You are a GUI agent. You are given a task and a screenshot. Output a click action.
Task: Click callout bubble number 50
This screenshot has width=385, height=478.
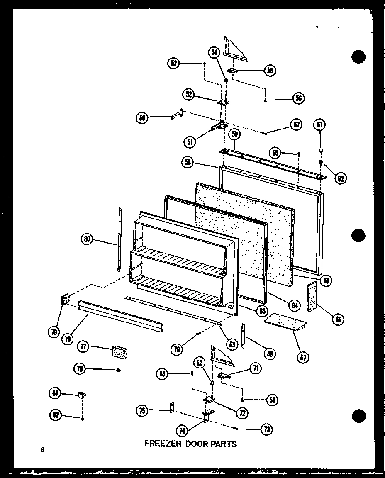coord(142,118)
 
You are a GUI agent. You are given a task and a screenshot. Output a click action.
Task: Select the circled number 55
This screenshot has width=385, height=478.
coord(270,70)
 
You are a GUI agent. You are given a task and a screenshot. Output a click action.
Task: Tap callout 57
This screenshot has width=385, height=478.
coord(296,124)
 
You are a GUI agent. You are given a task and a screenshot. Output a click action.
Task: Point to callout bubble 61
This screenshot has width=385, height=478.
coord(320,124)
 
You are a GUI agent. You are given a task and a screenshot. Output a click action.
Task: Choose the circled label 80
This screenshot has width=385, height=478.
coord(88,239)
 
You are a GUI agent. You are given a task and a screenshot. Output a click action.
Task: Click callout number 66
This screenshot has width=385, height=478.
coord(339,319)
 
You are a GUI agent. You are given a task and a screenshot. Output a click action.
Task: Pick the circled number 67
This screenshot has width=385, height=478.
coord(304,357)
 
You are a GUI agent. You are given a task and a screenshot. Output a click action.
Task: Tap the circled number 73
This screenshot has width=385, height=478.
coord(266,429)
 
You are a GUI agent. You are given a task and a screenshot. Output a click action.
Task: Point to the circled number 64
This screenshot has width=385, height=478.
coord(295,306)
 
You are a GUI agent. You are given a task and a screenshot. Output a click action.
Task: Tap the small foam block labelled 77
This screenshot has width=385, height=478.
coord(119,352)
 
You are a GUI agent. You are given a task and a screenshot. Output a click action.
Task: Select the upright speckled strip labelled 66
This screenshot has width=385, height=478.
coord(312,296)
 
